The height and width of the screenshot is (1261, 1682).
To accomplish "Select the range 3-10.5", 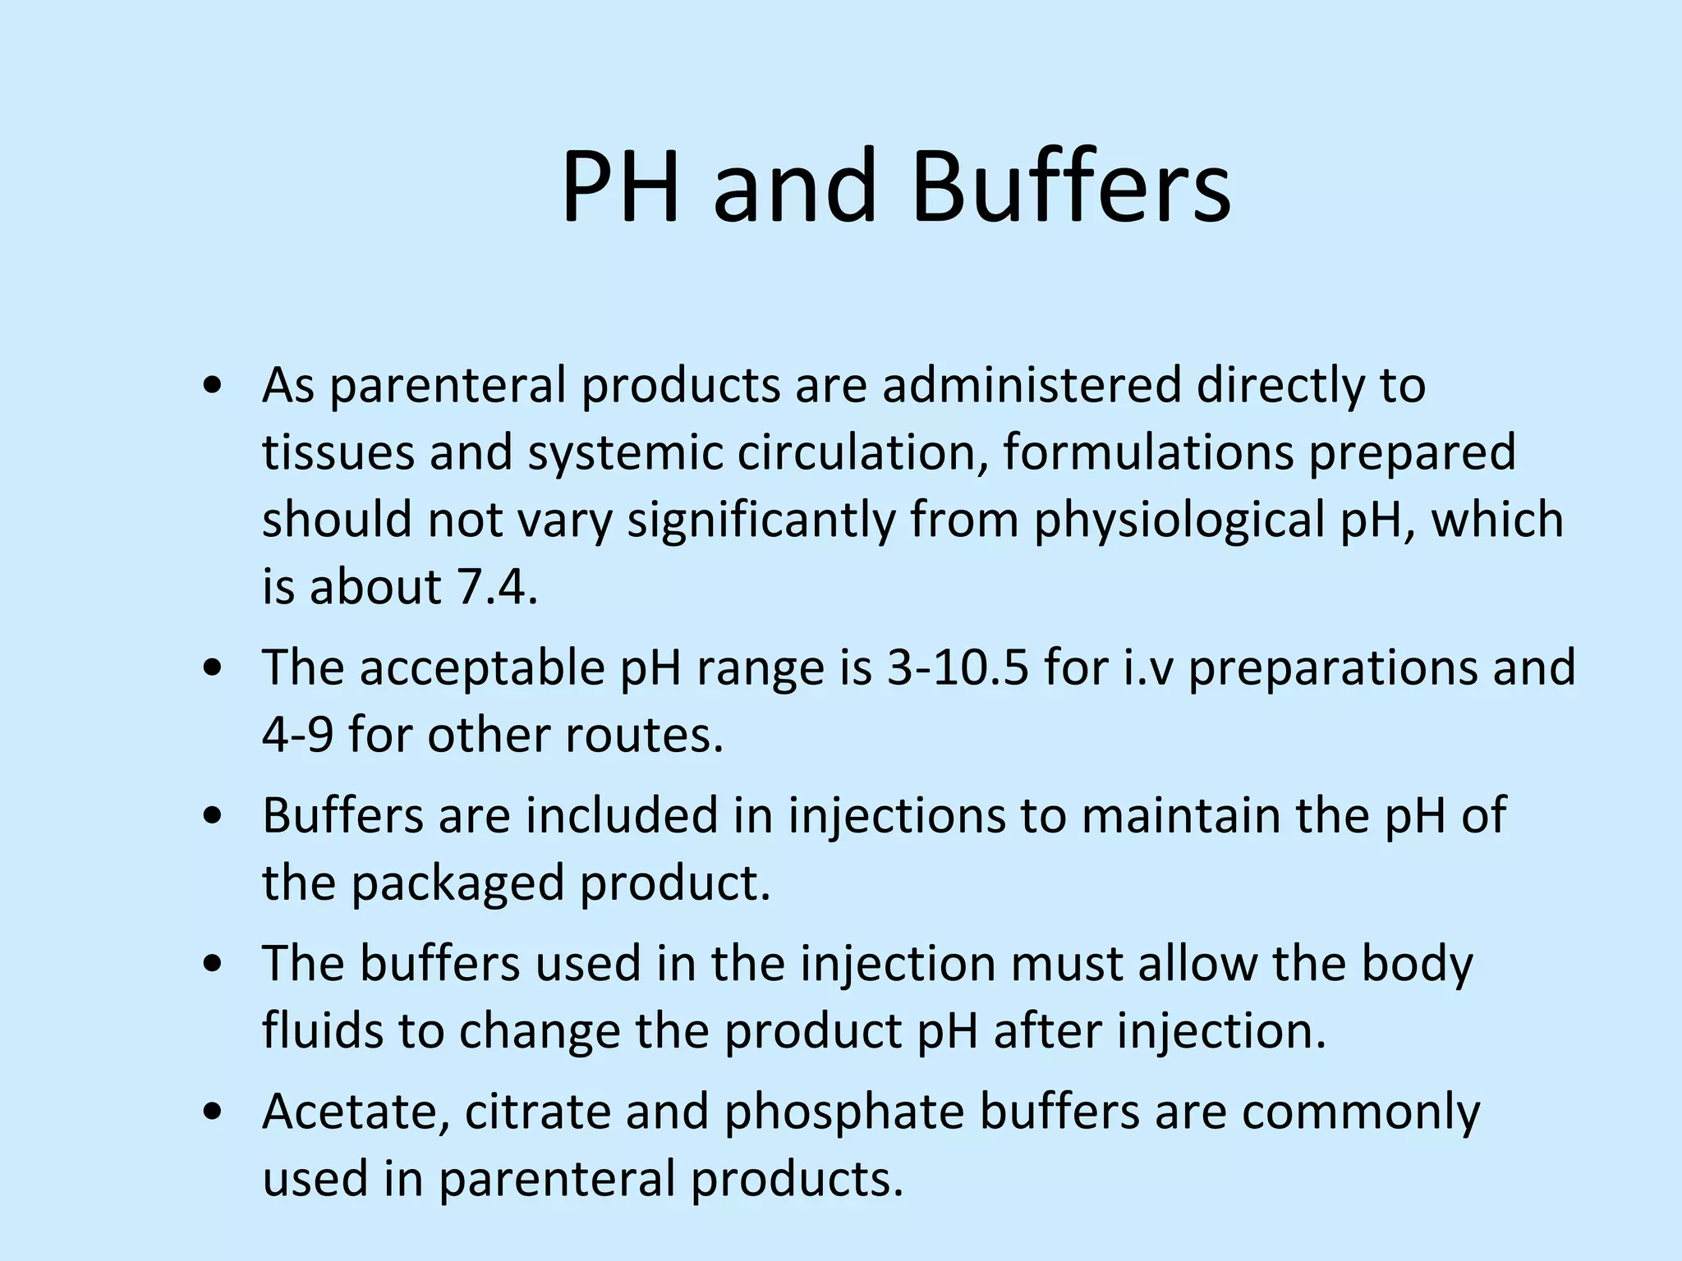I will [x=958, y=667].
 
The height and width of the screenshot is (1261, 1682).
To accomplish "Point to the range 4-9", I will [x=297, y=735].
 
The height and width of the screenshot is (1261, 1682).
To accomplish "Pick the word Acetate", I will [x=356, y=1112].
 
